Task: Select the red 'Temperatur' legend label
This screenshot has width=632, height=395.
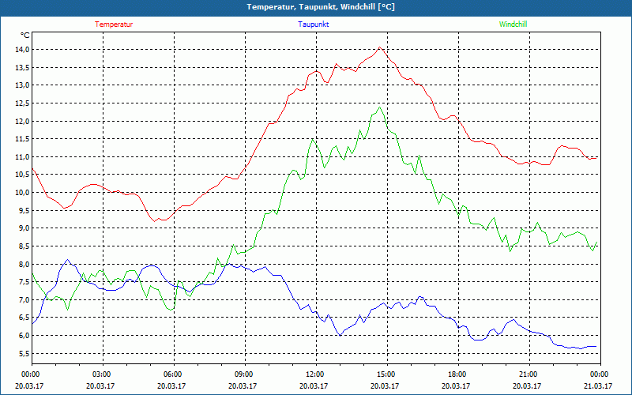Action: [114, 24]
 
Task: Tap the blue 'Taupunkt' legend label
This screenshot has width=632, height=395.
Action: [314, 24]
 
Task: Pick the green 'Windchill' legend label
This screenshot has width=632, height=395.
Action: [513, 24]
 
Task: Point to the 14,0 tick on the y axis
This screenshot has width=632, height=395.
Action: [21, 49]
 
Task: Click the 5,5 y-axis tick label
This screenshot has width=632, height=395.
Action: [21, 353]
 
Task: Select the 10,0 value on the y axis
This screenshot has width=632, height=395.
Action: [21, 192]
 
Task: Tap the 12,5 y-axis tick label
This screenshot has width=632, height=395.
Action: [21, 103]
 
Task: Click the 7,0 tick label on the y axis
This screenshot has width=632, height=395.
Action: [21, 299]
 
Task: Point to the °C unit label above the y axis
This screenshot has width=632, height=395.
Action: [25, 35]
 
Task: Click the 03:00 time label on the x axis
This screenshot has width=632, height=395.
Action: [102, 374]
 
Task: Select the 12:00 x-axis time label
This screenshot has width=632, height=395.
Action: [315, 374]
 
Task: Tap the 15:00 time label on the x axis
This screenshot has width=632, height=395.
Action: [386, 374]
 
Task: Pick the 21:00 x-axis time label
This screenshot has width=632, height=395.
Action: [529, 374]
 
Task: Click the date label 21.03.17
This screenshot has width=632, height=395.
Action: [599, 386]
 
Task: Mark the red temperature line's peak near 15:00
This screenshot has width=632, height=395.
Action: [380, 47]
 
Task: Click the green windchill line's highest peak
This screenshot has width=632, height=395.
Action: [380, 108]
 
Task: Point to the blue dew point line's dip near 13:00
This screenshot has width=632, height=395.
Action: [340, 336]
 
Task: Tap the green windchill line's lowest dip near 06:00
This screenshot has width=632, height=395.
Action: [171, 310]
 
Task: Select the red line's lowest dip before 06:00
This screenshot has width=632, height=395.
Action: [161, 220]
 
